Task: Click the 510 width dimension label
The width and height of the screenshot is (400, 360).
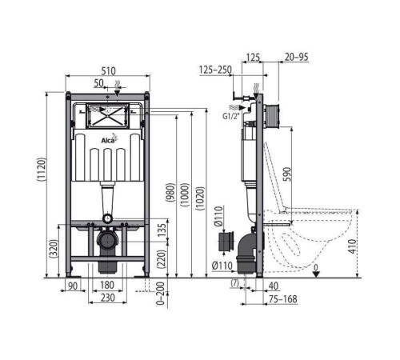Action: click(109, 71)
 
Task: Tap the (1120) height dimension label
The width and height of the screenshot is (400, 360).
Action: click(42, 170)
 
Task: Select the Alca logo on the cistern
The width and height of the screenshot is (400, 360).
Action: click(110, 138)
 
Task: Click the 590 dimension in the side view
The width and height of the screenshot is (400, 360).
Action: click(287, 174)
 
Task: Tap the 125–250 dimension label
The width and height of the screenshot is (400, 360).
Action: click(215, 70)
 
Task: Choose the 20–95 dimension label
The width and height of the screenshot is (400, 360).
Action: click(297, 57)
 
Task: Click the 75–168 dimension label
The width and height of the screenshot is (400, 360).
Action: click(282, 299)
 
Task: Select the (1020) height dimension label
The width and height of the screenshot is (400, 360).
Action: click(200, 198)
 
